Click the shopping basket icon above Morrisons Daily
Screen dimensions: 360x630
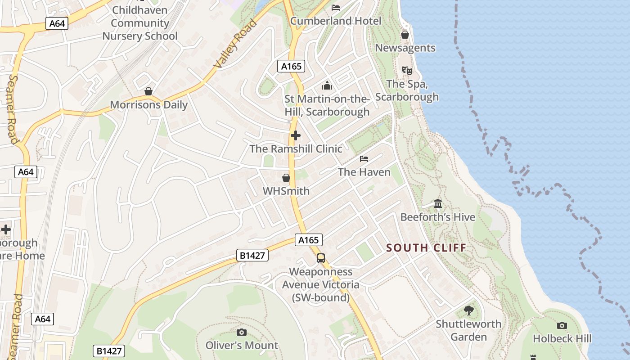tap(148, 92)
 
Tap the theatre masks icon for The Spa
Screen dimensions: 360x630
tap(407, 70)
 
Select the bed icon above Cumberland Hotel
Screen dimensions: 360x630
tap(336, 7)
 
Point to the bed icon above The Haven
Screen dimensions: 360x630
tap(364, 159)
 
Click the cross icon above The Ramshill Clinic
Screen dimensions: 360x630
tap(296, 135)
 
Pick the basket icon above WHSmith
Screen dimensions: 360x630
tap(286, 178)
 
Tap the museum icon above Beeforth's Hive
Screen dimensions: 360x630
tap(438, 204)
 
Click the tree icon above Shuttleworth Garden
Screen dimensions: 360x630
tap(468, 310)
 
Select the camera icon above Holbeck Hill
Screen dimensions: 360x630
tap(562, 325)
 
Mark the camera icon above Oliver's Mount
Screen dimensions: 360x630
tap(242, 332)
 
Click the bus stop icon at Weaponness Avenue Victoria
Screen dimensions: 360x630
tap(321, 258)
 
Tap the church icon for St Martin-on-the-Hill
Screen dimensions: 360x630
tap(327, 85)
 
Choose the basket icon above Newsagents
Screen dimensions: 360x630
tap(405, 35)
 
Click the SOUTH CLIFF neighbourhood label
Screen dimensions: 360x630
tap(426, 247)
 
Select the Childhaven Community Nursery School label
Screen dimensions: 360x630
tap(139, 23)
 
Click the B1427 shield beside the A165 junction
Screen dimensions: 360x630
tap(252, 256)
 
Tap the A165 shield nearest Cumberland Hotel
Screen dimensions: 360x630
tap(291, 66)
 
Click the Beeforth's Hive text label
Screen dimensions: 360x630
tap(438, 217)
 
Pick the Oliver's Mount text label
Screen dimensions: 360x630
tap(242, 345)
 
